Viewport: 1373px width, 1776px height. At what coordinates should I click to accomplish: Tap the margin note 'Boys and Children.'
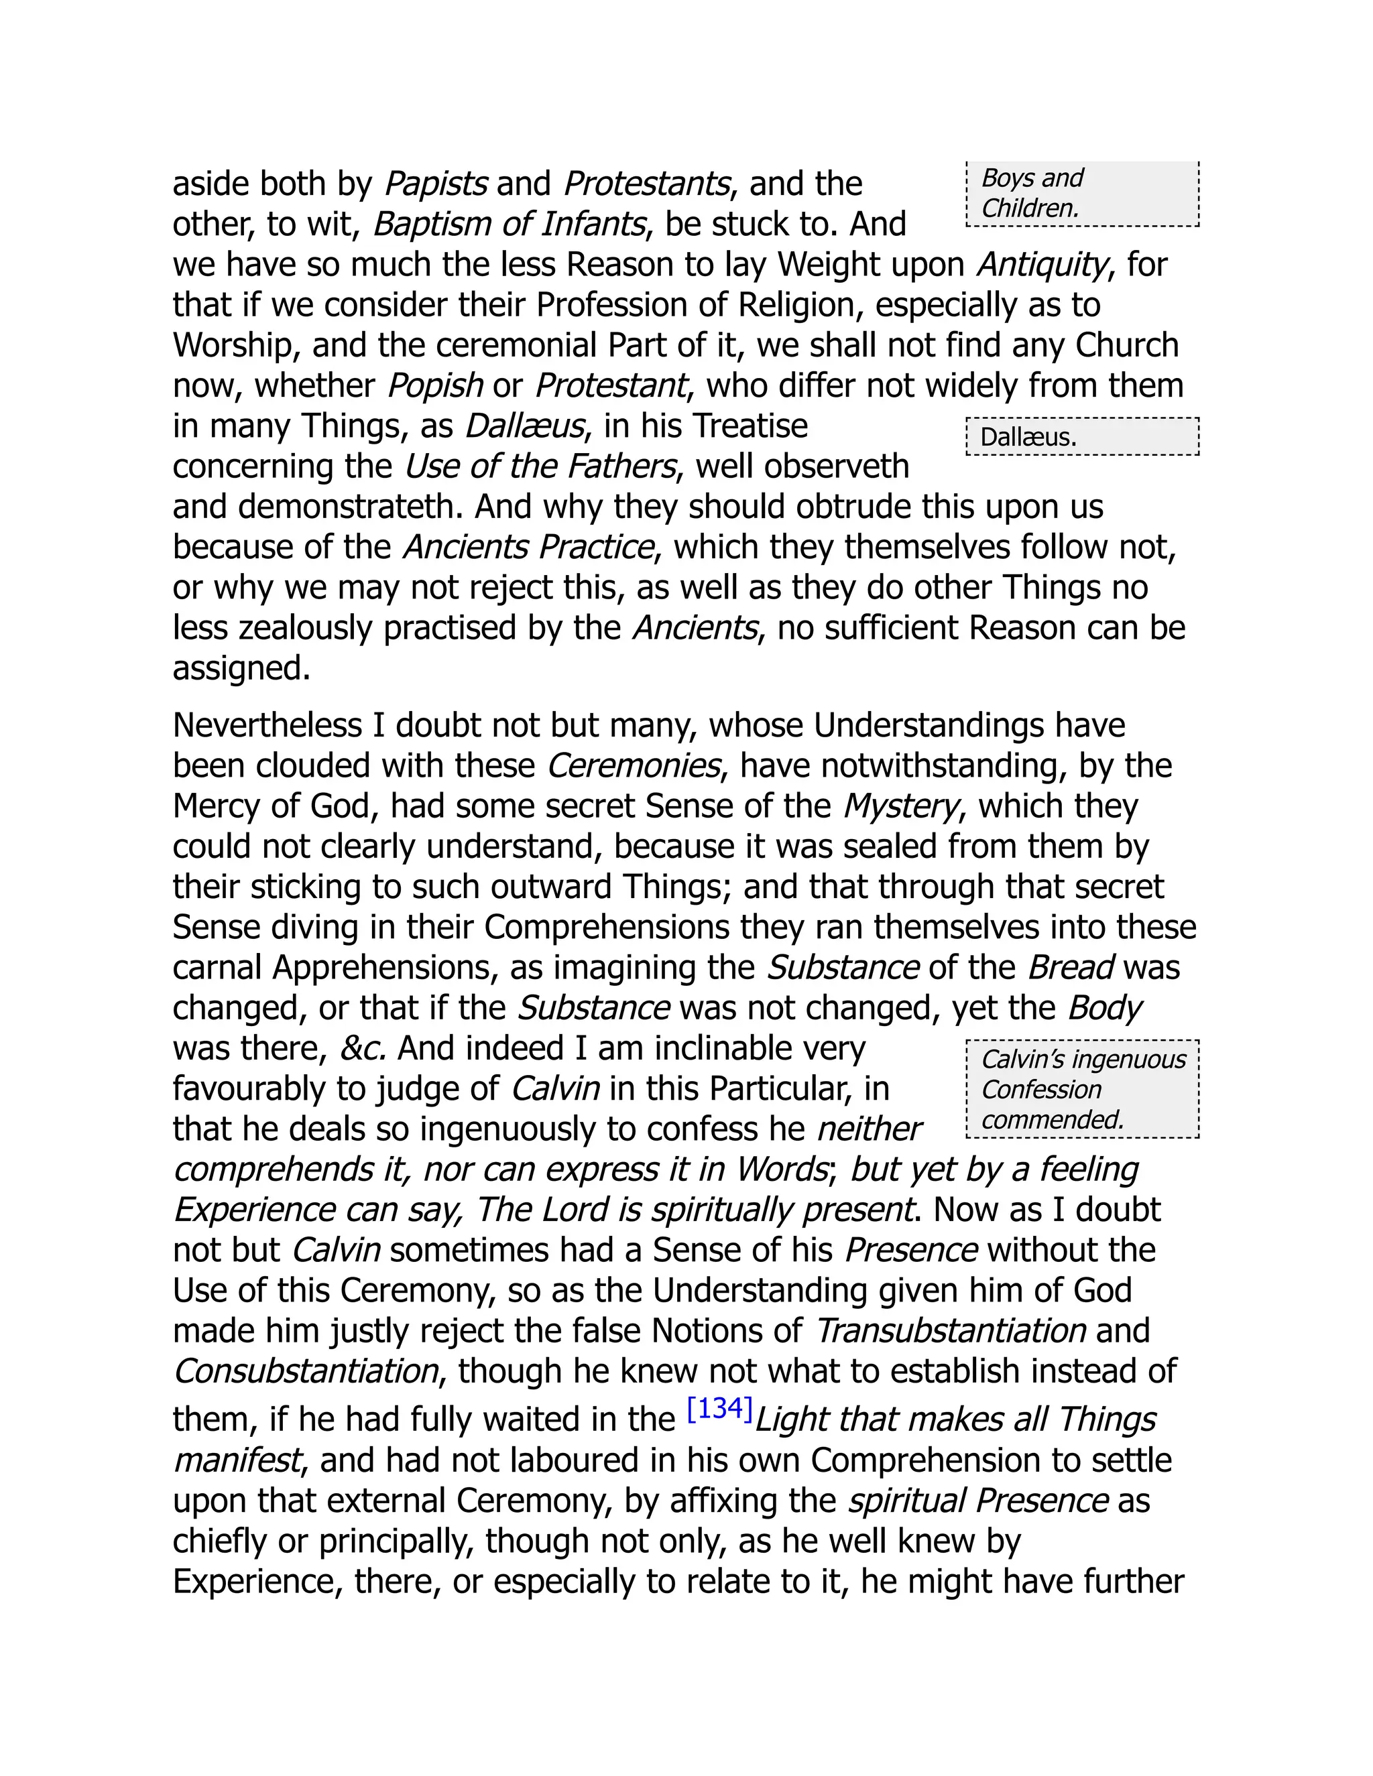pos(1082,194)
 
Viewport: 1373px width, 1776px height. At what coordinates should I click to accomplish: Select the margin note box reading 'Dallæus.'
pos(1082,437)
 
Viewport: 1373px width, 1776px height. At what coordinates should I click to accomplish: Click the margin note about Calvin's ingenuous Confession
pos(1082,1089)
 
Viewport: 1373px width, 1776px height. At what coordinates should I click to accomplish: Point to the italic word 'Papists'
pos(435,184)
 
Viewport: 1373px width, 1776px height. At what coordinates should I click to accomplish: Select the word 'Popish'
pos(435,385)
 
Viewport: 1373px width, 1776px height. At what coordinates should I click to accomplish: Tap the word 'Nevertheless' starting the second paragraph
pos(267,725)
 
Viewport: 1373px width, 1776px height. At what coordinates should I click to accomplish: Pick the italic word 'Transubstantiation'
pos(951,1331)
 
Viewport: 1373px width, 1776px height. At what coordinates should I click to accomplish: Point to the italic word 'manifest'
pos(237,1460)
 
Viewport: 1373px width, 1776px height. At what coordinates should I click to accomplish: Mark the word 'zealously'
pos(297,628)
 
